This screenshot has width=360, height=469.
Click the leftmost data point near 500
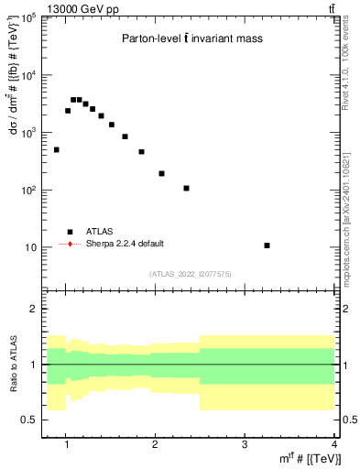(x=56, y=149)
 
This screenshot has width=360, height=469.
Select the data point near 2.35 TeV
(x=186, y=189)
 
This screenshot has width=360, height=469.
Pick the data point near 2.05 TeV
(x=161, y=173)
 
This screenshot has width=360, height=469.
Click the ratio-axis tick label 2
(x=34, y=309)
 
